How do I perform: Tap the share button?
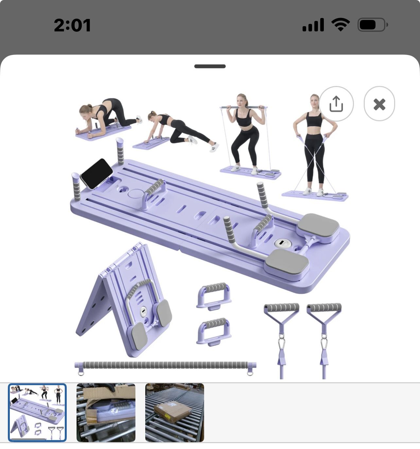pos(336,104)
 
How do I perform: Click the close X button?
pos(379,104)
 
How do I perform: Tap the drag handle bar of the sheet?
pos(210,66)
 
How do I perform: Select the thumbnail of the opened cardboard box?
pos(106,412)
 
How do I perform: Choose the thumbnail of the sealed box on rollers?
pos(175,412)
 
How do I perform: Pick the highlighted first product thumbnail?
pos(37,412)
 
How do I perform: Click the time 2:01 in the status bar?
pos(72,25)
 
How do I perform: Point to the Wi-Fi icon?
pos(341,25)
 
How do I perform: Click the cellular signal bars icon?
pos(313,25)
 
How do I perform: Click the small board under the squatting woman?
pos(251,173)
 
